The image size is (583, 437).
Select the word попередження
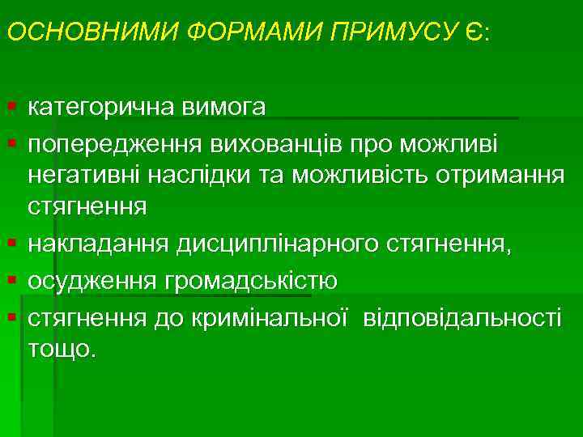pyautogui.click(x=115, y=145)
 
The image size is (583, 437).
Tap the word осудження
pyautogui.click(x=94, y=282)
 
